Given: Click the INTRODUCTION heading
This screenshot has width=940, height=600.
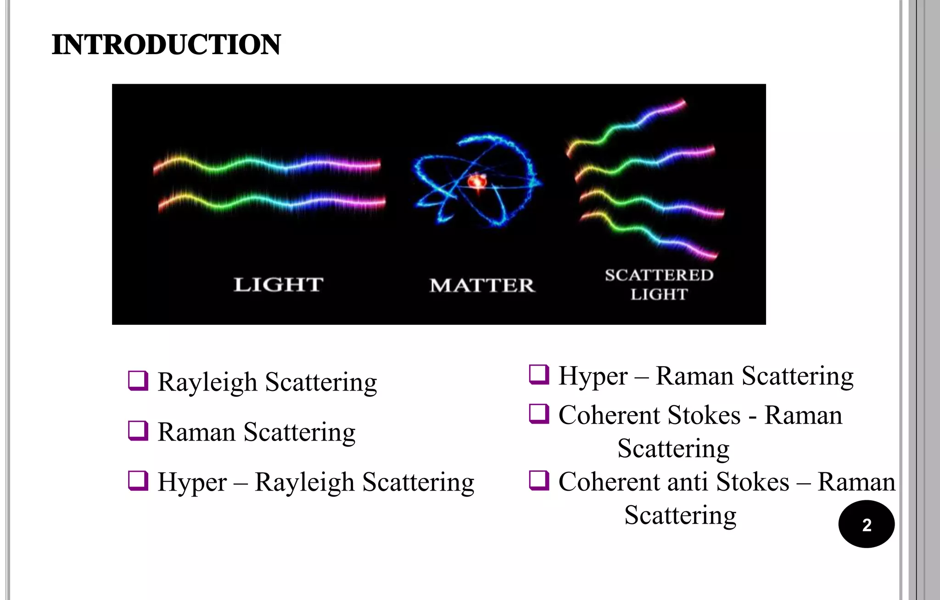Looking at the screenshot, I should pos(166,45).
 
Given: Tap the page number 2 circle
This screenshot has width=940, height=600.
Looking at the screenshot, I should pos(866,524).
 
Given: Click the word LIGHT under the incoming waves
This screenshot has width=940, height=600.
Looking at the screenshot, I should pos(279,285).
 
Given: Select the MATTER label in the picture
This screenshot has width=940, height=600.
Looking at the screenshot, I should pos(482,285).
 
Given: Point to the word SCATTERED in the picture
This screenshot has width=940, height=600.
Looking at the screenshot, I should pos(659,275).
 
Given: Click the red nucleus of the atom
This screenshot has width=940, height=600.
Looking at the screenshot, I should pos(477,181).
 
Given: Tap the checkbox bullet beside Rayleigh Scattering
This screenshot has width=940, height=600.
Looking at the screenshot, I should pos(138,381).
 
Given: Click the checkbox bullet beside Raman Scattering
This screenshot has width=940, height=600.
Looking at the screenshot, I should pos(138,431).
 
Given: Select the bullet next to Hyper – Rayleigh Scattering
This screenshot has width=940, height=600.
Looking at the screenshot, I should pos(138,481).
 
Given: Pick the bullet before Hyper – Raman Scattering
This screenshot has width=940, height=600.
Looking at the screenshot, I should pos(539,374).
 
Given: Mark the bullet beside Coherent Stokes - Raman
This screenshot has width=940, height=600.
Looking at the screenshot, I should pos(539,414).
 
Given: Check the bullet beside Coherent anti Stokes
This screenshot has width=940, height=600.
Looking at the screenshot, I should pos(539,481).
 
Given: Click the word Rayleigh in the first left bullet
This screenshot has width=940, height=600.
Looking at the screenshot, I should pos(207,382).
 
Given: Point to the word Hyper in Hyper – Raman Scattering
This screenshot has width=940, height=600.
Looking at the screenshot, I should pos(593,377).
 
